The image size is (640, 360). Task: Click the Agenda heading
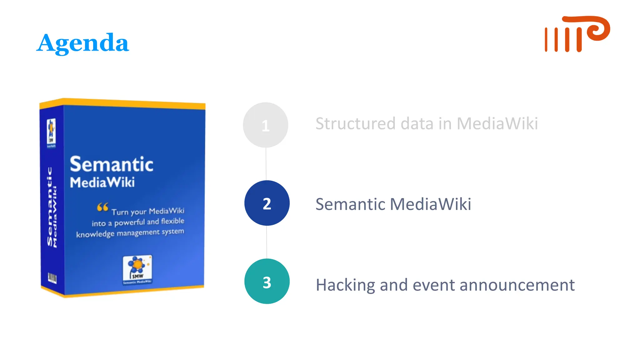[82, 43]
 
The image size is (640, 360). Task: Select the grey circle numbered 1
[265, 125]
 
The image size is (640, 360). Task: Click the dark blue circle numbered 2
[267, 203]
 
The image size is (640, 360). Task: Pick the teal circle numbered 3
[267, 281]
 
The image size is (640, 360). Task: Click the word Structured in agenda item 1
[355, 124]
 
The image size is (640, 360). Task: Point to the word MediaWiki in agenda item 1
[497, 124]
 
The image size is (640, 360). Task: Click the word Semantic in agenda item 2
[350, 204]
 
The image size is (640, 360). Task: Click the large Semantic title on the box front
[112, 164]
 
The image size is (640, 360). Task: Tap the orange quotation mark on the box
[102, 207]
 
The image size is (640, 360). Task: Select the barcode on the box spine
[52, 277]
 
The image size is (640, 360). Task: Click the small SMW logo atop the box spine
[51, 133]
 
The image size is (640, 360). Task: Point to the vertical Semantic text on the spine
[49, 206]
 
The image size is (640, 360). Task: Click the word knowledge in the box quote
[95, 234]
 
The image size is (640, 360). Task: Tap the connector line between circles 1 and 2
[266, 164]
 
